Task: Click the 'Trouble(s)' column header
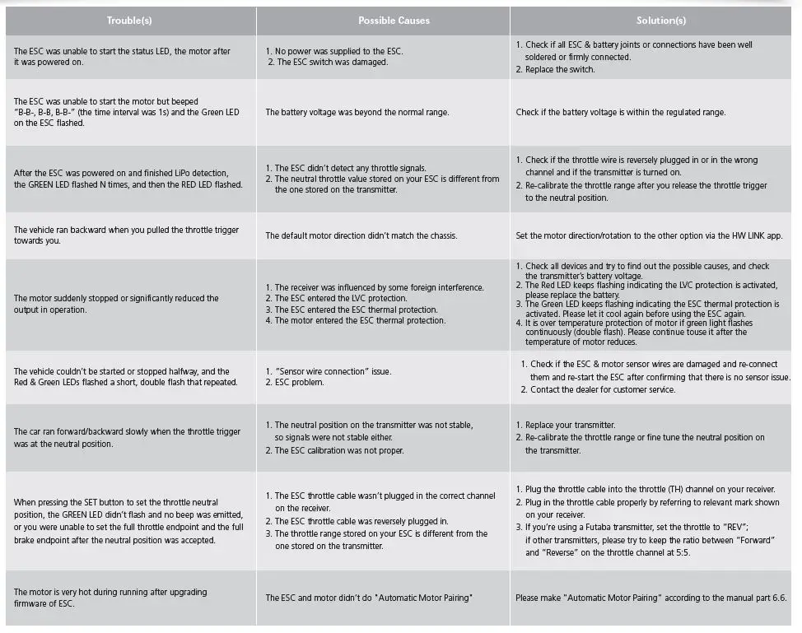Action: (129, 20)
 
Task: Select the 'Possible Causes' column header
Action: (382, 20)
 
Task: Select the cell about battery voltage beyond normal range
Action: (357, 112)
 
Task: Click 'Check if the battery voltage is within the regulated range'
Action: (621, 112)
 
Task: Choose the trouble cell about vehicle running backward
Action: (126, 235)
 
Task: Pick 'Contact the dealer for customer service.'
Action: (603, 389)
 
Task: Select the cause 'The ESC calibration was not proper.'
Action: (349, 450)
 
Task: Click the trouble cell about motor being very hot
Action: (110, 598)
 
